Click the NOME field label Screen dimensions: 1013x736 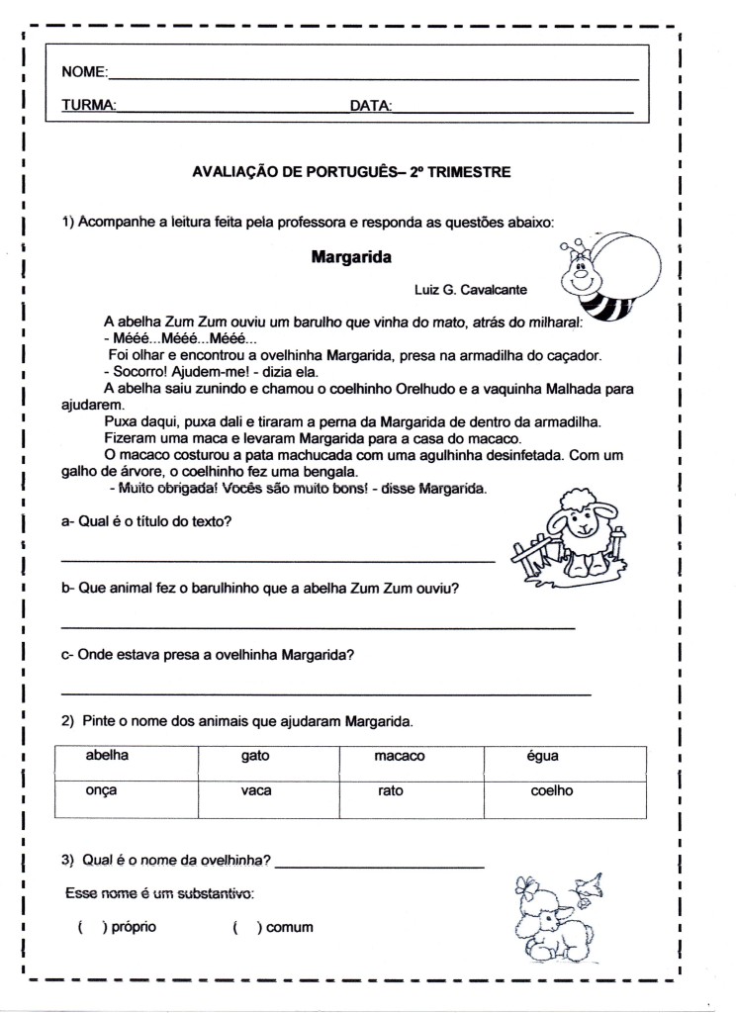click(83, 72)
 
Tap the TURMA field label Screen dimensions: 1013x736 click(89, 105)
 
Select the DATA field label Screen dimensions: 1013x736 click(370, 105)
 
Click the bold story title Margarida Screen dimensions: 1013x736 click(351, 258)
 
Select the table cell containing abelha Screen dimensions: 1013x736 click(126, 763)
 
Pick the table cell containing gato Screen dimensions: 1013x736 click(268, 763)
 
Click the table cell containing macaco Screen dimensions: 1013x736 click(411, 763)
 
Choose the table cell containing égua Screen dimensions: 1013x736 click(565, 763)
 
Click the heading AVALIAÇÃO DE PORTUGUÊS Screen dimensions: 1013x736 click(351, 172)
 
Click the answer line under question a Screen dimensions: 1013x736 click(277, 561)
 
